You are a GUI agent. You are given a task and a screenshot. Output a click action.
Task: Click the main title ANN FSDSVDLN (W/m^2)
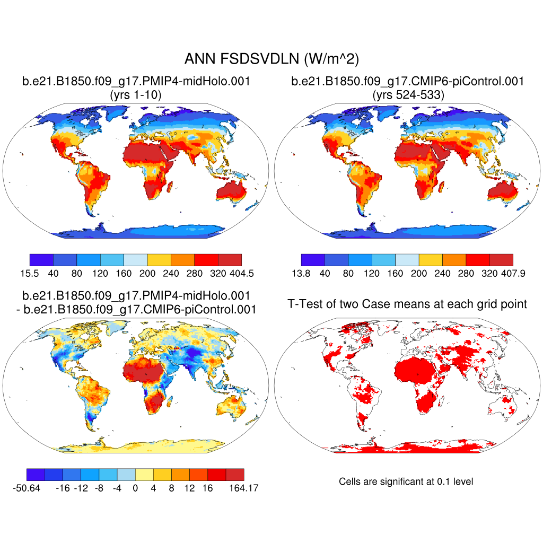point(271,59)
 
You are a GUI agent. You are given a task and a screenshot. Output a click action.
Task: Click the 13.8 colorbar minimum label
point(301,274)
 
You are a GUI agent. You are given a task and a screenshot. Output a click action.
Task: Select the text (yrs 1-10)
point(135,95)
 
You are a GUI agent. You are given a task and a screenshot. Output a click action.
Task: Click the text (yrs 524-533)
point(408,95)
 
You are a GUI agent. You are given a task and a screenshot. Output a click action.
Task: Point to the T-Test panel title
point(407,304)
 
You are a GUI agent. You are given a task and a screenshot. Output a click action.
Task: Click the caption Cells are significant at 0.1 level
point(406,481)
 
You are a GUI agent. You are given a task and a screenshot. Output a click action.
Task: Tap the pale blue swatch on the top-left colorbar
point(135,259)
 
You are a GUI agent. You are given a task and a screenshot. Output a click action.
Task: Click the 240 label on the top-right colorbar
point(442,274)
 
